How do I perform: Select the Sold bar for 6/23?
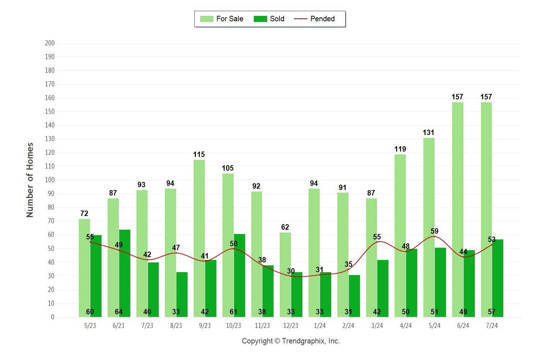[x=125, y=273]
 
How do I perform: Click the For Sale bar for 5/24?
[x=429, y=227]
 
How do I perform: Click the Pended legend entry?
[x=314, y=19]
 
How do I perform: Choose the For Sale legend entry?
[x=222, y=19]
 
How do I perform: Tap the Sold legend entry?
[x=269, y=19]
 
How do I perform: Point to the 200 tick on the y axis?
[x=50, y=43]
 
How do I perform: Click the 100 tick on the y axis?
[x=50, y=180]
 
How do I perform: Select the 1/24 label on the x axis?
[x=320, y=326]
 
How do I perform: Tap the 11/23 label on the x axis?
[x=262, y=326]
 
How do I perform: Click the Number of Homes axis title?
[x=30, y=180]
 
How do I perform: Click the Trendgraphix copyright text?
[x=291, y=341]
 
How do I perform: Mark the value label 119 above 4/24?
[x=400, y=149]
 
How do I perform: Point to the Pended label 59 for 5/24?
[x=435, y=231]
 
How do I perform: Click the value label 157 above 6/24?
[x=457, y=97]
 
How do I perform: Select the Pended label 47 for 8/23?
[x=176, y=248]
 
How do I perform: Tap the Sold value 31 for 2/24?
[x=348, y=312]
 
